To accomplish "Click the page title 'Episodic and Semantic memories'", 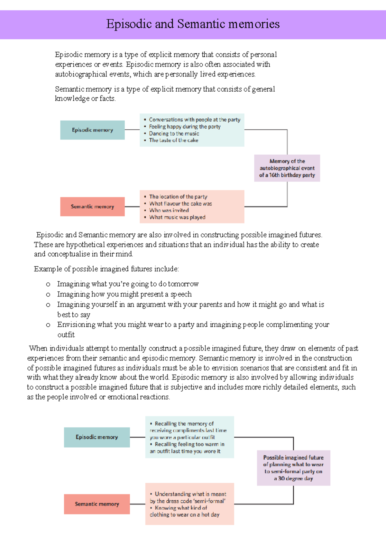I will click(193, 24).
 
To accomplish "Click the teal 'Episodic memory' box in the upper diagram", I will click(92, 130).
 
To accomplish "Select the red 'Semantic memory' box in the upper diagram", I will click(92, 206).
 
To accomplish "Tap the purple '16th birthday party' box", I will click(287, 168).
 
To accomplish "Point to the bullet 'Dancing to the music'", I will click(174, 133).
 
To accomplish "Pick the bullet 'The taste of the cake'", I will click(173, 140).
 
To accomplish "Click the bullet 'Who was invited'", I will click(169, 210).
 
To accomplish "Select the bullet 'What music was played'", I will click(177, 217).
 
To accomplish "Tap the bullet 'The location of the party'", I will click(178, 196).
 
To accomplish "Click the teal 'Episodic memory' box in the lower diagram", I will click(97, 437).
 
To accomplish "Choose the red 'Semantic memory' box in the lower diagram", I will click(97, 504).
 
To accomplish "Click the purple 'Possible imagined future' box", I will click(293, 468).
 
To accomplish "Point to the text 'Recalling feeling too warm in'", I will click(189, 444).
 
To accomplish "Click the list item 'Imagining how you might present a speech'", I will click(124, 294).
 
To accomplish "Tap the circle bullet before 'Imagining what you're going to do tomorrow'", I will click(48, 284).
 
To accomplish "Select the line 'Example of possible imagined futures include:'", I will click(106, 269).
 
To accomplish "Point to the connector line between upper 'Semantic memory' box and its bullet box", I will click(132, 206).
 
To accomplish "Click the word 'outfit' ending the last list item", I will click(66, 335).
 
